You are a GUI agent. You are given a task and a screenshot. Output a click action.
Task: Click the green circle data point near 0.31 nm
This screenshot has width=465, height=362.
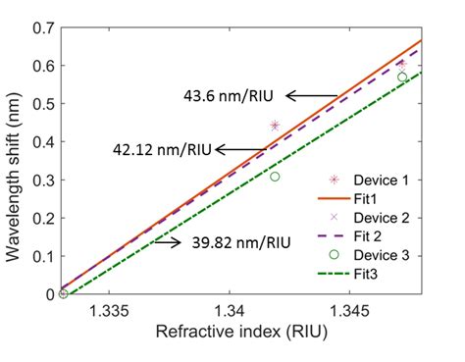(x=276, y=177)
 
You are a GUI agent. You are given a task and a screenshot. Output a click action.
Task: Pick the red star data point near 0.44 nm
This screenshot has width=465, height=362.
(x=276, y=126)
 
